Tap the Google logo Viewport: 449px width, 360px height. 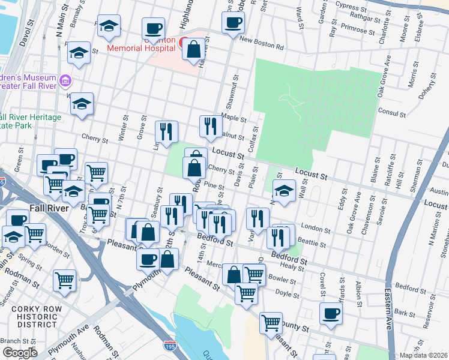19,353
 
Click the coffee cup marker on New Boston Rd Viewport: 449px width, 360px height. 233,23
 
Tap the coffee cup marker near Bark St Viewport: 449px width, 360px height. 330,313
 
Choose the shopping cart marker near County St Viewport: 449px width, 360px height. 271,322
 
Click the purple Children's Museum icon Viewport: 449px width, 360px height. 66,80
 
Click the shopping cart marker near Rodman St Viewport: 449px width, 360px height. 64,279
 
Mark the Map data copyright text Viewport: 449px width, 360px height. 424,355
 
